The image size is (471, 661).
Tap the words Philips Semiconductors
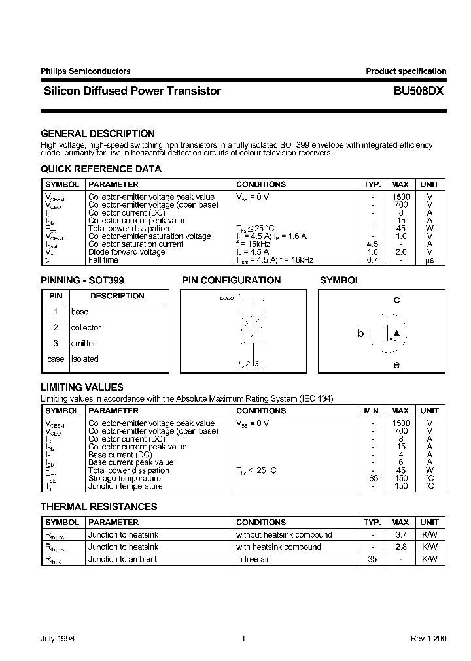tap(86, 71)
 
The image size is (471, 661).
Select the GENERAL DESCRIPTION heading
tap(97, 133)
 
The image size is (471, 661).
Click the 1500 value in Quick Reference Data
tap(400, 197)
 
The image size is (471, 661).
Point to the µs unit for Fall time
tap(429, 260)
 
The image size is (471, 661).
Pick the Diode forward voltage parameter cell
tap(126, 252)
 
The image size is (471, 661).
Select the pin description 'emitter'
tap(83, 343)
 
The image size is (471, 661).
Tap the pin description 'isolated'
tap(84, 359)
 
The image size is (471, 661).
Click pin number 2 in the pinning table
tap(56, 327)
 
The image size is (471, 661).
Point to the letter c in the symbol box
tap(396, 300)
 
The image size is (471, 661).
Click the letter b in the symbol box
tap(360, 333)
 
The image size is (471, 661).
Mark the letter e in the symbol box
tap(396, 365)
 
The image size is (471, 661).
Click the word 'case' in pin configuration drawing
tap(227, 298)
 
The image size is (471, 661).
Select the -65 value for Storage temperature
tap(372, 478)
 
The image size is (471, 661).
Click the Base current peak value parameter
tap(131, 462)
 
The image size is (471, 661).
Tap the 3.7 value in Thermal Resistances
tap(400, 534)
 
